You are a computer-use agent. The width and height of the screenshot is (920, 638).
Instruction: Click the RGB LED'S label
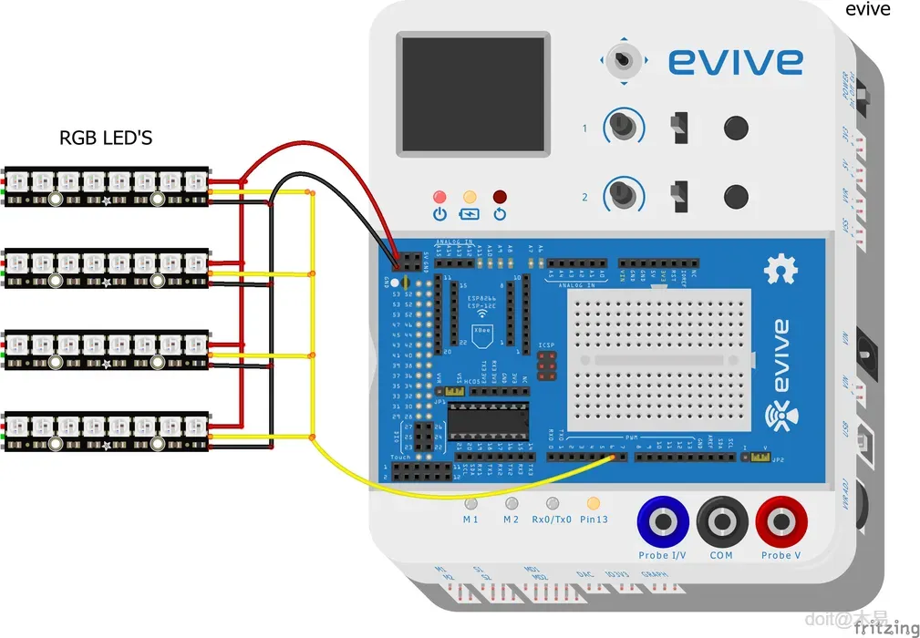(x=106, y=139)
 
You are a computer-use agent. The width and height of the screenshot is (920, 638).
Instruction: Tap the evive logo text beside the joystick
(x=735, y=61)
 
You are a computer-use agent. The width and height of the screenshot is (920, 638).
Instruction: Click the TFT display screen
(x=473, y=94)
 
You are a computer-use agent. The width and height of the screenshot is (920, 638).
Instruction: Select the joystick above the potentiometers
(x=623, y=60)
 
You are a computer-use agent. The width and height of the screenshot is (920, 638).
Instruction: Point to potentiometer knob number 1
(x=624, y=126)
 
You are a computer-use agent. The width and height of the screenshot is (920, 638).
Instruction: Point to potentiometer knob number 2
(x=624, y=193)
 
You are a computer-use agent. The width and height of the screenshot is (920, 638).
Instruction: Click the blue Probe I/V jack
(x=663, y=522)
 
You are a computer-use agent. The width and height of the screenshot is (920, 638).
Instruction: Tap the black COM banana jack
(x=722, y=522)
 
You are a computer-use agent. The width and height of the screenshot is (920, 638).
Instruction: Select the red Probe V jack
(x=781, y=522)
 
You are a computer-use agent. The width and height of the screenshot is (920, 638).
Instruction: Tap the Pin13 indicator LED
(x=594, y=502)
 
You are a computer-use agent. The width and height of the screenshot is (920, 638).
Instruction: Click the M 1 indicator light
(x=470, y=502)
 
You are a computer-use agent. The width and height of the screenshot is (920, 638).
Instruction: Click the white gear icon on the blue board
(x=780, y=269)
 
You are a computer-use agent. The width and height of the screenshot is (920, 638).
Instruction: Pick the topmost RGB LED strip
(x=106, y=186)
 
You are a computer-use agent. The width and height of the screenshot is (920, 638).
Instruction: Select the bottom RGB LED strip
(x=106, y=433)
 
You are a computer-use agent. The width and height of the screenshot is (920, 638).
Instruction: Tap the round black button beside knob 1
(x=736, y=127)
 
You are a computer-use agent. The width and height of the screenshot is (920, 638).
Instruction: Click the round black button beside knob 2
(x=736, y=195)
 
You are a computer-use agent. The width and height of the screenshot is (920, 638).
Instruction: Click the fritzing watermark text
(x=886, y=627)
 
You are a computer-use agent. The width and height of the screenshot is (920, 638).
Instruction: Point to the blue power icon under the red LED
(x=439, y=215)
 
